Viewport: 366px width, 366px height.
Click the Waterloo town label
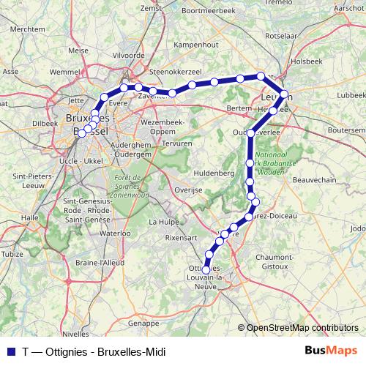[114, 234]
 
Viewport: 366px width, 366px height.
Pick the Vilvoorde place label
[128, 55]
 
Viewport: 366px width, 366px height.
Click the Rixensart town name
[182, 237]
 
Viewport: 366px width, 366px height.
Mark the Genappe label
[143, 323]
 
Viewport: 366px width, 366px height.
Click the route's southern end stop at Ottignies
[206, 270]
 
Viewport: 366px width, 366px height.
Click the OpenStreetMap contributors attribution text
[302, 328]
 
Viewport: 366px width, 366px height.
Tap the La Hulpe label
[163, 221]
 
